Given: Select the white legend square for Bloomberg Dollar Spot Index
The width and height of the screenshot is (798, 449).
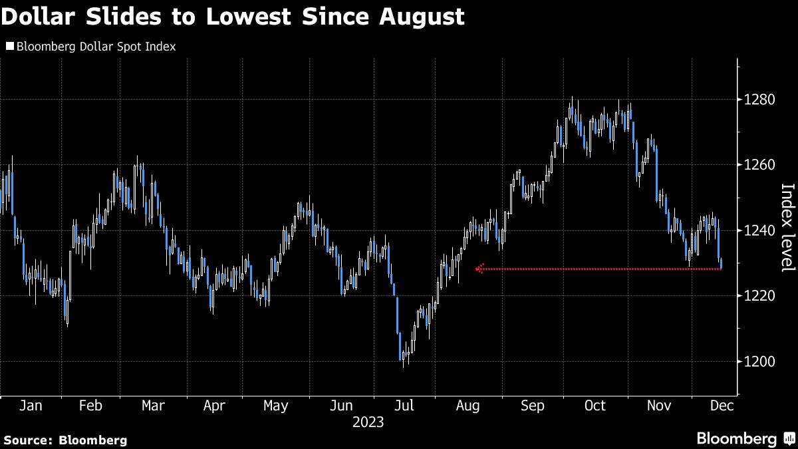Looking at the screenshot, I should [9, 47].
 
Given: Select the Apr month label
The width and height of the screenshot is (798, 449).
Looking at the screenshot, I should [213, 406].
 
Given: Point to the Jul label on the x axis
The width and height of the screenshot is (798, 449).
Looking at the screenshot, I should [404, 406].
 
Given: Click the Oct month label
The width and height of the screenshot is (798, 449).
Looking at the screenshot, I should [595, 406].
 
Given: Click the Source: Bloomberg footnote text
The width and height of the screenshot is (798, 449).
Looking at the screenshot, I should [65, 440].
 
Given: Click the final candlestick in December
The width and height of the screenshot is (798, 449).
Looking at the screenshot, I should [722, 263].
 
